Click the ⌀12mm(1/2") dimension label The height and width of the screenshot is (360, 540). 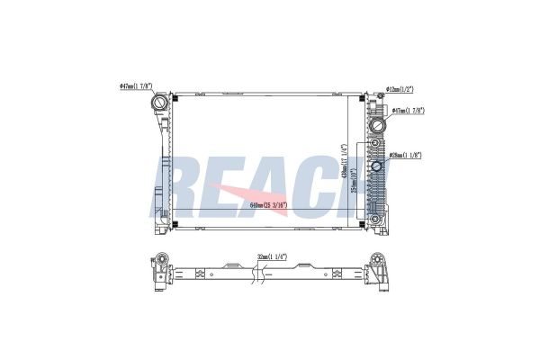[x=400, y=89]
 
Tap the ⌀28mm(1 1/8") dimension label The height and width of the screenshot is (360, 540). [x=407, y=156]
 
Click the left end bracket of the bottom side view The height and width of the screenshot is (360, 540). [x=159, y=269]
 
